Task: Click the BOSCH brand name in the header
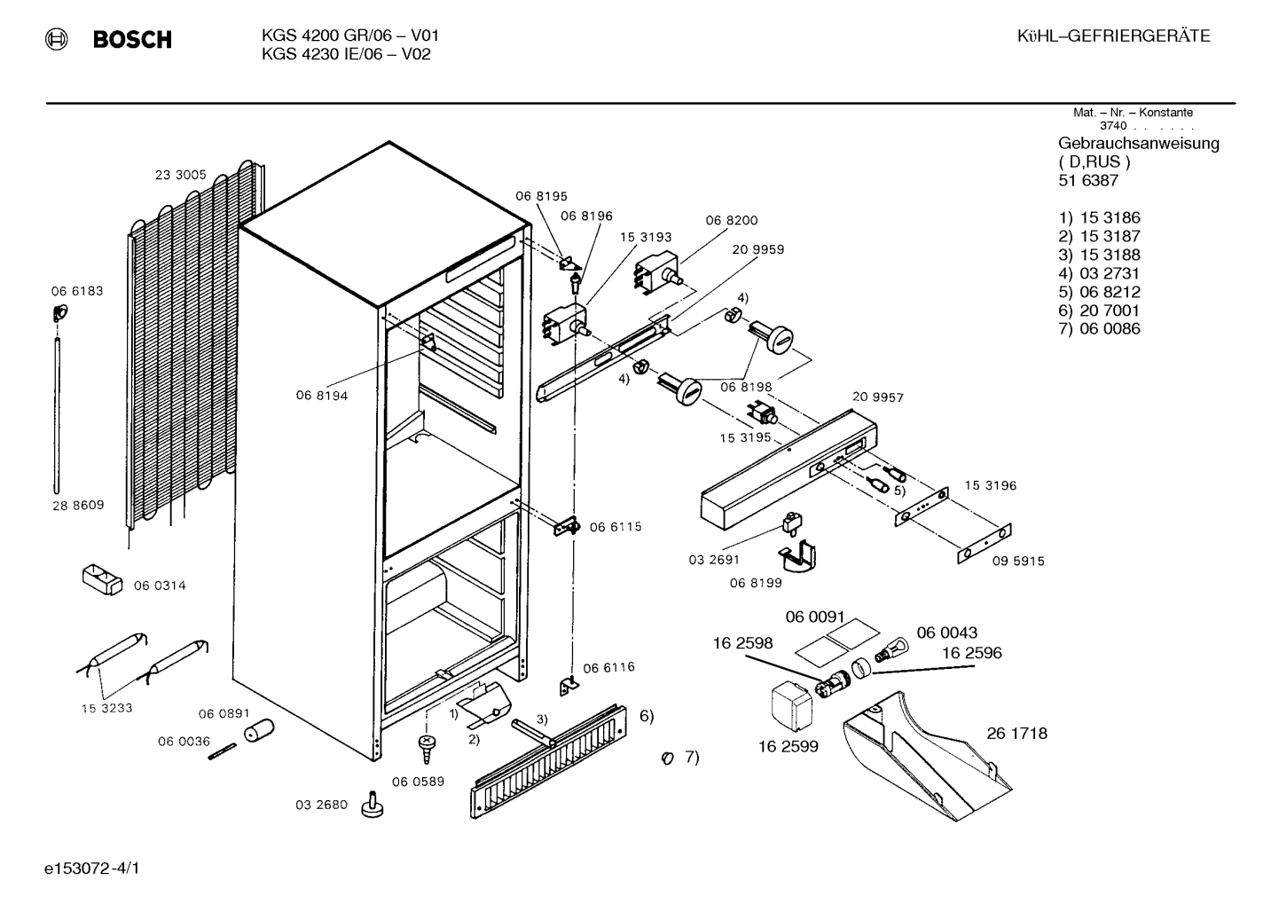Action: pyautogui.click(x=132, y=39)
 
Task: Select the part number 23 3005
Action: pyautogui.click(x=180, y=175)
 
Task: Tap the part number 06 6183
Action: pyautogui.click(x=77, y=291)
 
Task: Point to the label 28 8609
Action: pyautogui.click(x=78, y=506)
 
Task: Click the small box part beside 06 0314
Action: pyautogui.click(x=102, y=580)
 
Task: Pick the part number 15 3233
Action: pyautogui.click(x=106, y=708)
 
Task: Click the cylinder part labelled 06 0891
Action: pyautogui.click(x=259, y=730)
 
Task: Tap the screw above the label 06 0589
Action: pyautogui.click(x=427, y=748)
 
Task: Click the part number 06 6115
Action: pyautogui.click(x=616, y=527)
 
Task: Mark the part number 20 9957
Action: pyautogui.click(x=878, y=397)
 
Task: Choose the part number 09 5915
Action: pyautogui.click(x=1018, y=562)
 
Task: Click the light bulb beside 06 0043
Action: pyautogui.click(x=892, y=650)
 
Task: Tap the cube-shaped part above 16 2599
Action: pyautogui.click(x=791, y=708)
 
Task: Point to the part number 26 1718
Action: pyautogui.click(x=1017, y=734)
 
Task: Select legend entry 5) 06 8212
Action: pyautogui.click(x=1099, y=292)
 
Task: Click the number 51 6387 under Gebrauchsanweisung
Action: pyautogui.click(x=1088, y=180)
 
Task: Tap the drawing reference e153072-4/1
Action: pyautogui.click(x=92, y=869)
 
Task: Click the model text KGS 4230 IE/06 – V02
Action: pyautogui.click(x=346, y=54)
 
